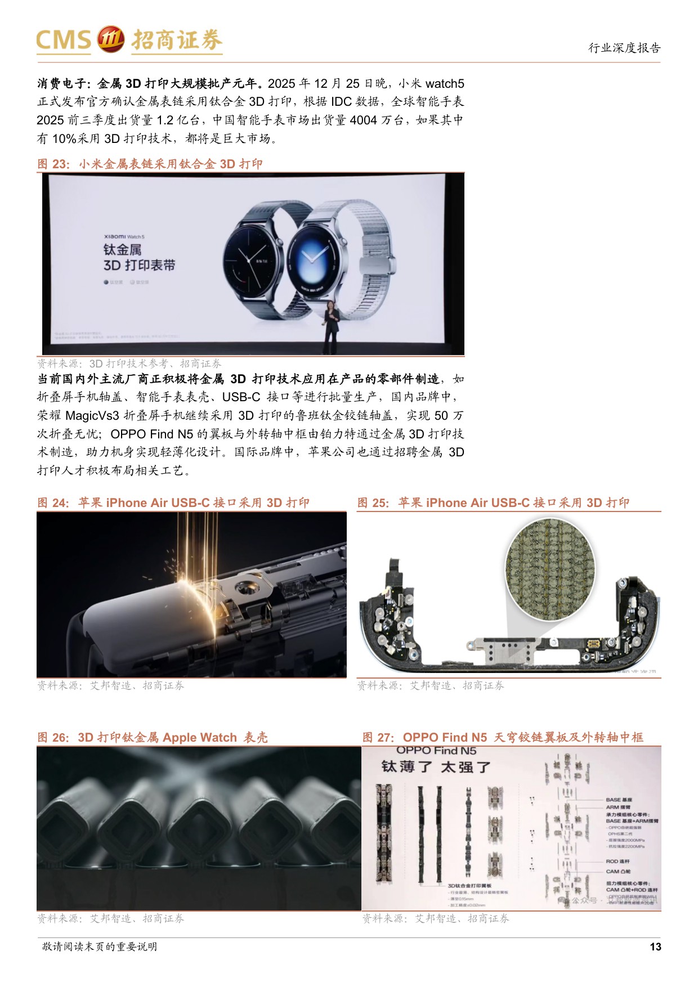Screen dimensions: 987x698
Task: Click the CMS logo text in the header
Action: click(x=63, y=40)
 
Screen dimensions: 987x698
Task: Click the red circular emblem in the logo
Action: click(x=111, y=39)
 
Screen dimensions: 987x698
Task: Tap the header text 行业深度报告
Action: click(x=624, y=48)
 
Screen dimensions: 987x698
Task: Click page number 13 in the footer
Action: click(x=655, y=946)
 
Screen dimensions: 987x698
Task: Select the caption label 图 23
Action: click(x=53, y=164)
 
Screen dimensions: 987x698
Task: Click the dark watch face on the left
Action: click(x=252, y=257)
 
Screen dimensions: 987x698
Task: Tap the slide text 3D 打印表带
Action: click(x=139, y=265)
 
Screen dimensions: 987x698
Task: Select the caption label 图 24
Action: click(x=53, y=503)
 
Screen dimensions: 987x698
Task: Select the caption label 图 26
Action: click(x=53, y=737)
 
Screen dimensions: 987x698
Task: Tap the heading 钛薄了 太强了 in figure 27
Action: click(x=436, y=768)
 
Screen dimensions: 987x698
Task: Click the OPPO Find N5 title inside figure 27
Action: click(x=436, y=751)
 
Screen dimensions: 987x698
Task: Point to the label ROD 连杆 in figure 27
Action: click(x=618, y=862)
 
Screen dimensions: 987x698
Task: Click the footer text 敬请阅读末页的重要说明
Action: click(x=100, y=946)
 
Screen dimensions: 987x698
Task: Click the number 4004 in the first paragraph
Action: click(x=363, y=120)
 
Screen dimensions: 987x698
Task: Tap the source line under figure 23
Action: click(x=129, y=364)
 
